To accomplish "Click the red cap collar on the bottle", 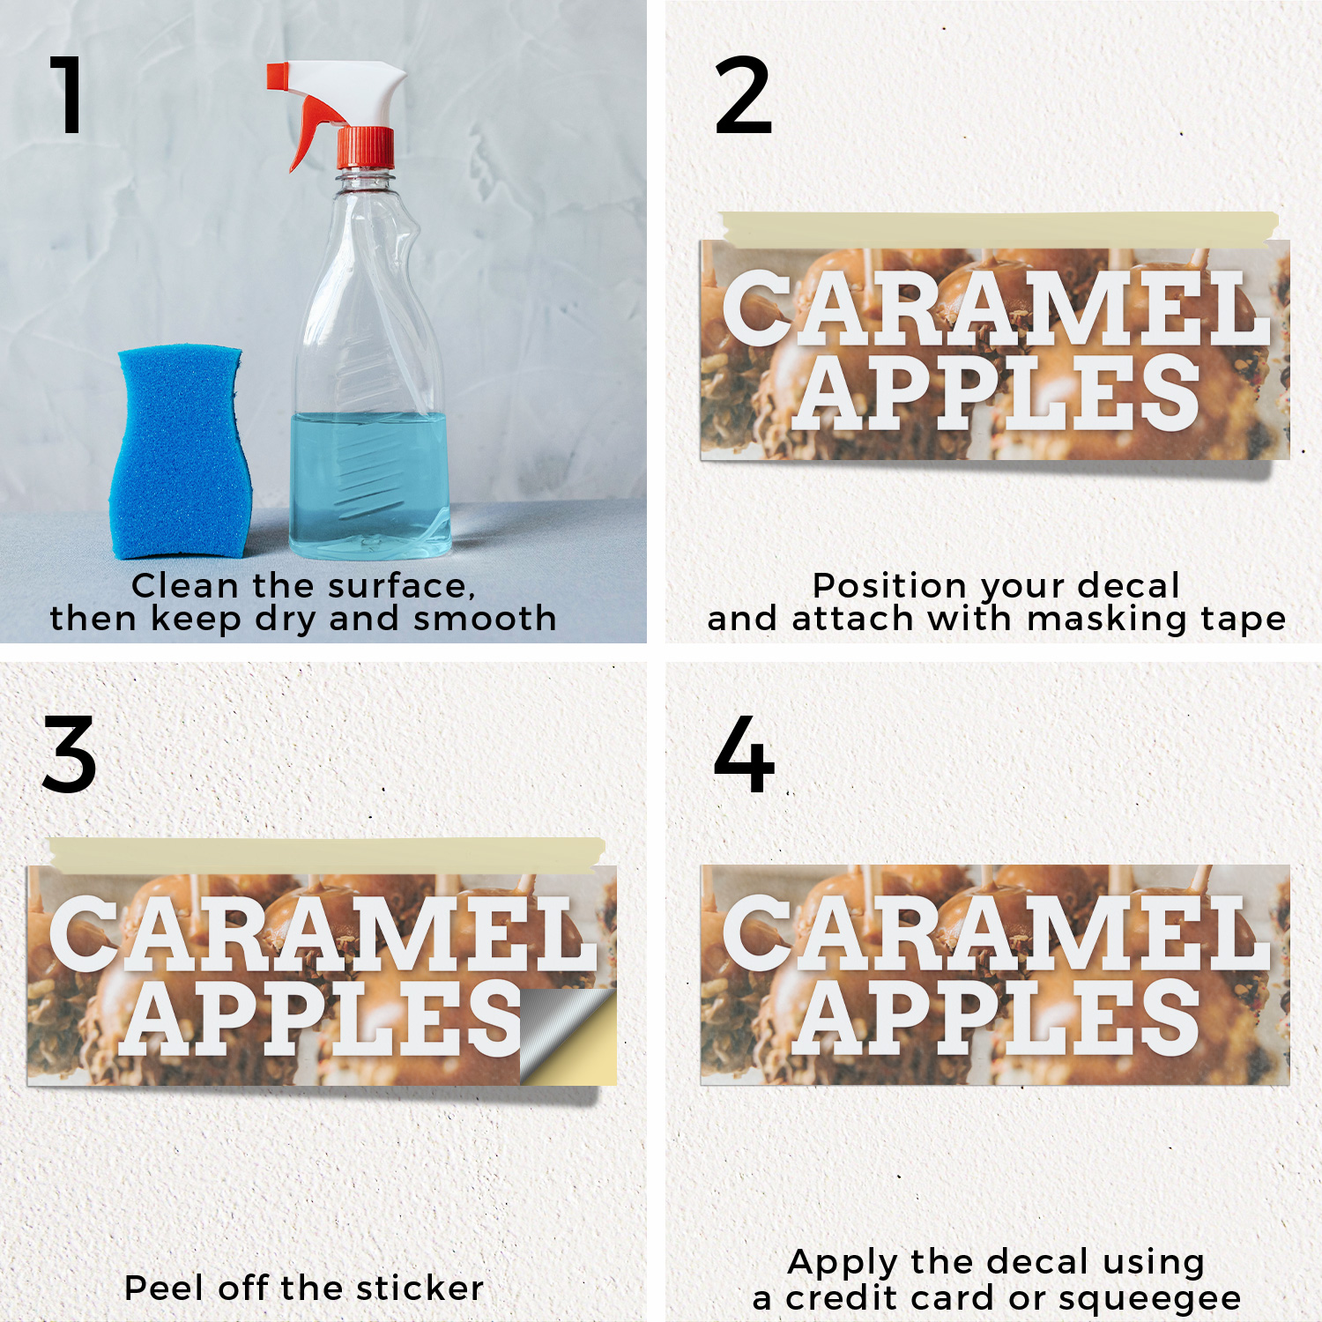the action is [x=365, y=148].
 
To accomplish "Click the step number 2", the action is [x=743, y=95].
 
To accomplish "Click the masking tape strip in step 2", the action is [x=998, y=228].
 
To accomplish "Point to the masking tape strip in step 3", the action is [x=327, y=854].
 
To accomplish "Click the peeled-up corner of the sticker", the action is [x=568, y=1036].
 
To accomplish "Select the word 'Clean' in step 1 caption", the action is [x=185, y=586].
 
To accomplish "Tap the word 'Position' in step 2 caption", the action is [x=890, y=586].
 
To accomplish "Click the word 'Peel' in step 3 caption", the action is [x=167, y=1288].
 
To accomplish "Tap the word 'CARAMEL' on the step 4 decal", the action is [x=997, y=932].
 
